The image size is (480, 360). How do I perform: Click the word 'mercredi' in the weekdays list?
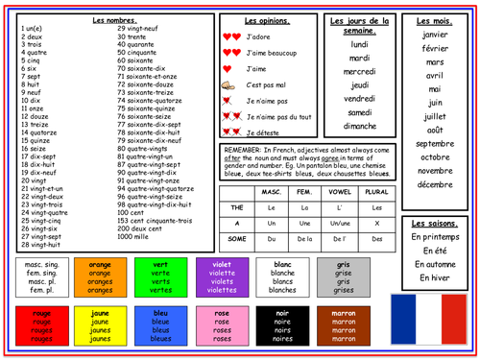(360, 71)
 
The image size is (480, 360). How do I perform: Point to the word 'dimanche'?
(360, 126)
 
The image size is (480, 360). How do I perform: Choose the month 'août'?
(435, 129)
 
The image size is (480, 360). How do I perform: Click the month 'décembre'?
(435, 183)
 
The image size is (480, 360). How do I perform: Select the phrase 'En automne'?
(435, 263)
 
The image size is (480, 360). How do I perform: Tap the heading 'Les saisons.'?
(435, 220)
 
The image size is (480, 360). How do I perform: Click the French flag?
(434, 319)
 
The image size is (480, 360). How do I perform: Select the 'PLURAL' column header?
(376, 192)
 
